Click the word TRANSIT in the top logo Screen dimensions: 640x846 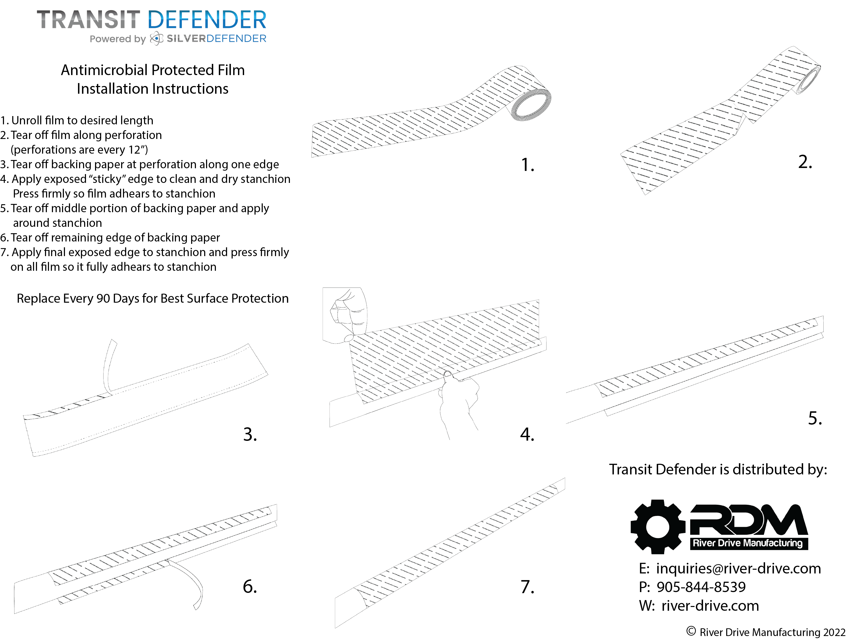coord(89,20)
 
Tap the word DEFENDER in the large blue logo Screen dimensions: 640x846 coord(207,20)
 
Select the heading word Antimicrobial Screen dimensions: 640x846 coord(104,70)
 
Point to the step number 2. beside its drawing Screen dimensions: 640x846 coord(805,162)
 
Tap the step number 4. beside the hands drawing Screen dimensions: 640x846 coord(527,434)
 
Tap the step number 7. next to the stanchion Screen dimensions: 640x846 coord(527,587)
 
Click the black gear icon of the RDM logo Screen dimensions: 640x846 coord(658,527)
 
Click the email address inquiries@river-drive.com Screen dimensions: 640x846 coord(738,568)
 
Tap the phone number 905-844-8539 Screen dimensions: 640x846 coord(701,587)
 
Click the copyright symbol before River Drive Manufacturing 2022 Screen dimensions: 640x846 coord(691,631)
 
